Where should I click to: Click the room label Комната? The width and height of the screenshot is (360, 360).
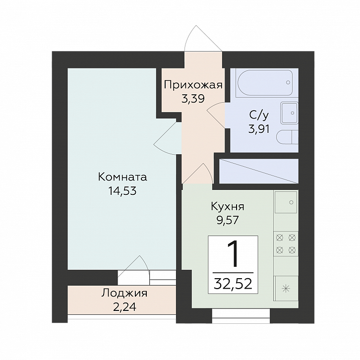pos(122,177)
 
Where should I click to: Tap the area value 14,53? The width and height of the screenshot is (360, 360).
pos(122,191)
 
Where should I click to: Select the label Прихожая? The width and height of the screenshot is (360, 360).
pos(193,85)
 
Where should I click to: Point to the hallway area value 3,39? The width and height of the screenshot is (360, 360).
pos(193,99)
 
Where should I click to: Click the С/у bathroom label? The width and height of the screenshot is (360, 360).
pos(259,116)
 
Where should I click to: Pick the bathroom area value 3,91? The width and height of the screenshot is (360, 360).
pos(259,129)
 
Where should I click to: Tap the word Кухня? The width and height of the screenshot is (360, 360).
pos(228,207)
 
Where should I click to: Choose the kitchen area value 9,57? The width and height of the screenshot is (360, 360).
pos(228,220)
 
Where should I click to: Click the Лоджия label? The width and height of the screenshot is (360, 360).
pos(124,294)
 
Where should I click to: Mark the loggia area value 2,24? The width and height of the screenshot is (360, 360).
pos(124,307)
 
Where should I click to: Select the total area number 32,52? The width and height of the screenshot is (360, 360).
pos(233,284)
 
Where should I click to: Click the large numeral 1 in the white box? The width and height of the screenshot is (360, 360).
pos(233,254)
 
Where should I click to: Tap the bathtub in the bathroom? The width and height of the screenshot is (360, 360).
pos(265,83)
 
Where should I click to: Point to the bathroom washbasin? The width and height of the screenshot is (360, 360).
pos(289,113)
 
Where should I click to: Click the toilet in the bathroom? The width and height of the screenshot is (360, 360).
pos(287,137)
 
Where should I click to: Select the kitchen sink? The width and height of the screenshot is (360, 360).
pos(286,202)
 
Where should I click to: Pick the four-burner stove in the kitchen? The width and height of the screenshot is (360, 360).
pos(286,244)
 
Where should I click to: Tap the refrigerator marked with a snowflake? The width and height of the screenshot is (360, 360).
pos(286,289)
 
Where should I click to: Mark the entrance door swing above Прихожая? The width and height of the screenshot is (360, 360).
pos(202,38)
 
